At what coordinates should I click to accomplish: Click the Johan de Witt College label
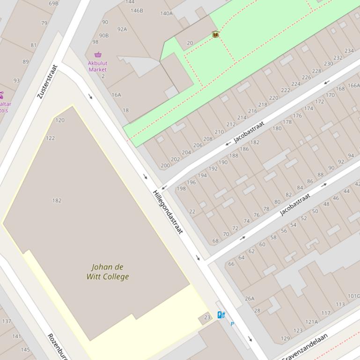click(108, 272)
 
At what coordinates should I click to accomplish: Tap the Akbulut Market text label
click(97, 66)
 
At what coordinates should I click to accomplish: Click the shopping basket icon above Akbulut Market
click(97, 55)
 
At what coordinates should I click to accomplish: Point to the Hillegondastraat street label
click(168, 212)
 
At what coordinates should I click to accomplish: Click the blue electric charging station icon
click(221, 315)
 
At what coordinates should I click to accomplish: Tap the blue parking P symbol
click(232, 324)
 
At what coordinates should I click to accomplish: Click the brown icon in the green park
click(215, 34)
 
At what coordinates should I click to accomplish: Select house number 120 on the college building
click(60, 120)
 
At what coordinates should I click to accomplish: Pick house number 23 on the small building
click(207, 317)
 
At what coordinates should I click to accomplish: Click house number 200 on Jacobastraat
click(165, 166)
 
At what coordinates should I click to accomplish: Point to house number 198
click(181, 189)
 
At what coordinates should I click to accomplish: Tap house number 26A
click(250, 299)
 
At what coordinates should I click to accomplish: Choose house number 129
click(285, 338)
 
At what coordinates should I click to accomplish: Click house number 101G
click(353, 296)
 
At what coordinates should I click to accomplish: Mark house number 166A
click(353, 86)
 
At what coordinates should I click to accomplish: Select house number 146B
click(137, 10)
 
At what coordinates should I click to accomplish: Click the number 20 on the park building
click(190, 43)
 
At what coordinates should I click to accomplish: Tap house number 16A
click(116, 95)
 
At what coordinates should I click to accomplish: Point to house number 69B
click(54, 3)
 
